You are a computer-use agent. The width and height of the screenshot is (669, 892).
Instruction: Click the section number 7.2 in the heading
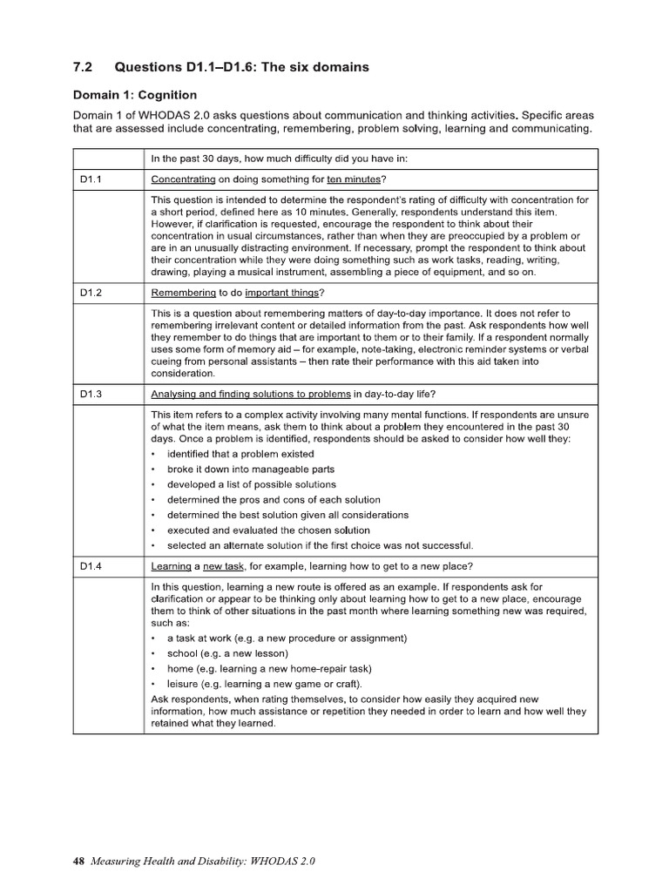82,67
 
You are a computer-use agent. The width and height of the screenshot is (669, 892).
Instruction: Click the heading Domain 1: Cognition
134,95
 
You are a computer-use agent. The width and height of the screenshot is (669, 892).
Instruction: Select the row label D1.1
91,179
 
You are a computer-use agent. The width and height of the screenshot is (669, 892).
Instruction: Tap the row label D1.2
91,293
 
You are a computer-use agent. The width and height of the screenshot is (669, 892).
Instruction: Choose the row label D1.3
91,394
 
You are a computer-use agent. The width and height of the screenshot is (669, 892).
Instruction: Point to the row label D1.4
91,566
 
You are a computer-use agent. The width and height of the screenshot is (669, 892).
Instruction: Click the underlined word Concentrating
183,179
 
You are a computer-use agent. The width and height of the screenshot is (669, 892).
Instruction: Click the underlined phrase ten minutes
353,179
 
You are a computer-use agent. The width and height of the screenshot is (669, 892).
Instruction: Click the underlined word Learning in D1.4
171,566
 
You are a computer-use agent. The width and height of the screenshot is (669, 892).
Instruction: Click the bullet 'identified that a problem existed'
240,454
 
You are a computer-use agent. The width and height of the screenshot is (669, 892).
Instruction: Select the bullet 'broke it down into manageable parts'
246,470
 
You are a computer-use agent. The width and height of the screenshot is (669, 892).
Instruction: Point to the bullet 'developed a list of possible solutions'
251,484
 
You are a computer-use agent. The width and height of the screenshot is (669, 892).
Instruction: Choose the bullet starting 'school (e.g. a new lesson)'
227,653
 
